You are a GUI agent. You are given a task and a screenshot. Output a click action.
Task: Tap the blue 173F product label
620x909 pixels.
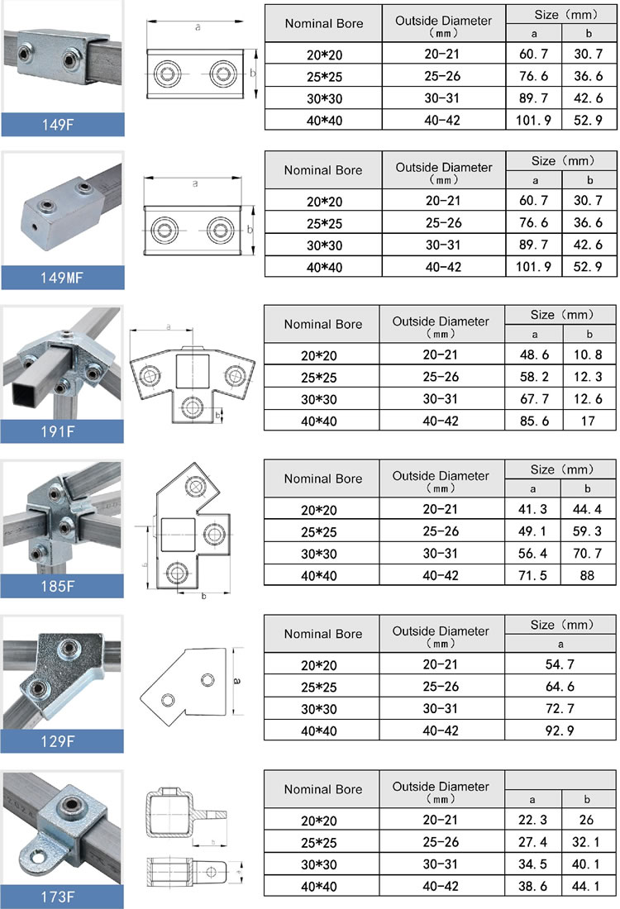click(62, 895)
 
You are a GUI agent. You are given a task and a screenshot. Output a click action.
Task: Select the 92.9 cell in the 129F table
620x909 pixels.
click(561, 730)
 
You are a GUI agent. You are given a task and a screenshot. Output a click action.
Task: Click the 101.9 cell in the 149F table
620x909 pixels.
click(534, 120)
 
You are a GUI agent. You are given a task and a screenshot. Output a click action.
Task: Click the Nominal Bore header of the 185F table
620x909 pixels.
click(323, 478)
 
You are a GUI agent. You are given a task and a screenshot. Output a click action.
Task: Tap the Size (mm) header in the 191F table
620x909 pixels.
click(562, 315)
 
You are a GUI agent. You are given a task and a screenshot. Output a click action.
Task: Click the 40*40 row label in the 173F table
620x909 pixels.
click(323, 884)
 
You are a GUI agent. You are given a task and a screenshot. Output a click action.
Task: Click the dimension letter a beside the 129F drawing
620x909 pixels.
click(236, 681)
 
